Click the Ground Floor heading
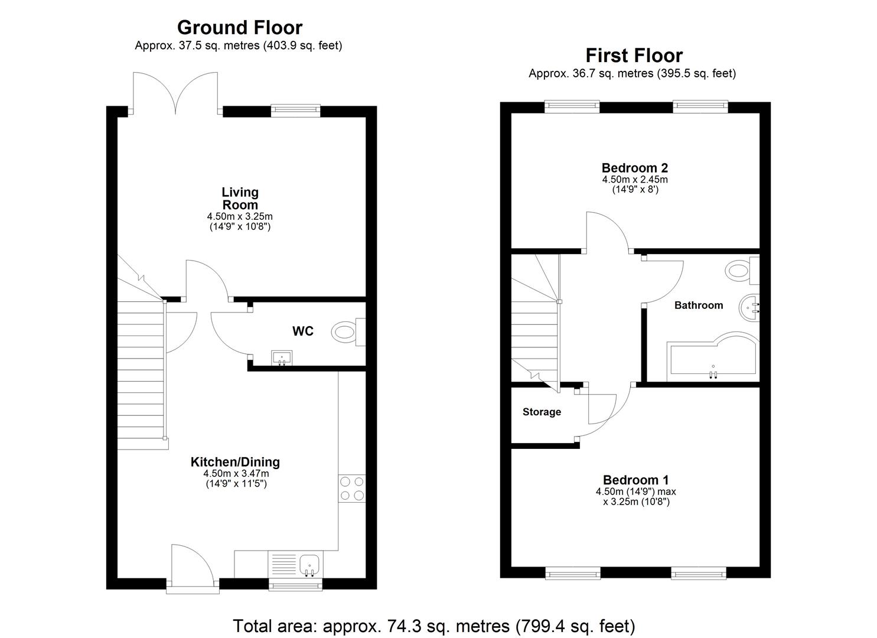point(239,27)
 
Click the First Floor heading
point(634,55)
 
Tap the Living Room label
point(240,198)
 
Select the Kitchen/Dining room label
point(235,462)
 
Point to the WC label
point(303,331)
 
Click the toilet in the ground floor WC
point(346,331)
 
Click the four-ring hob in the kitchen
point(351,489)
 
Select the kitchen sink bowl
point(309,565)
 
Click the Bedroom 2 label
point(635,168)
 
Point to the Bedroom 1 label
point(635,480)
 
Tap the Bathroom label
point(699,305)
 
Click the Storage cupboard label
point(542,412)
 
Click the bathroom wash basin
point(751,307)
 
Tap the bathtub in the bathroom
point(712,360)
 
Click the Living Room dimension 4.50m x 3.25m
point(240,217)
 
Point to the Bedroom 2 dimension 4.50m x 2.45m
point(635,180)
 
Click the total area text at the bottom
point(434,626)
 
